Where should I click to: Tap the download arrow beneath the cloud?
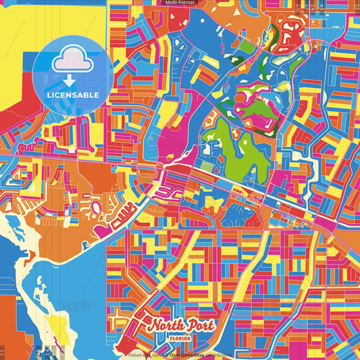[x=70, y=80]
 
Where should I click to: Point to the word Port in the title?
[x=201, y=326]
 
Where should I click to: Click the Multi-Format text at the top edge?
[x=180, y=3]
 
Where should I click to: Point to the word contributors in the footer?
[x=220, y=354]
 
